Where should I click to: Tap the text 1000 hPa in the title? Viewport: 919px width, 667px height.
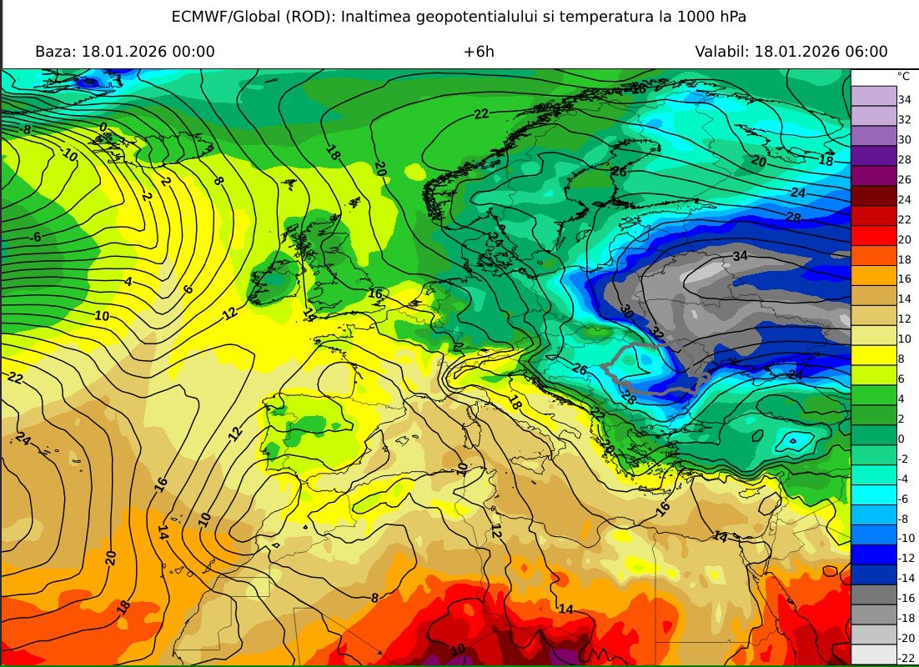(x=711, y=17)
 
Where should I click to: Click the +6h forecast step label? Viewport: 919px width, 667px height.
(x=479, y=52)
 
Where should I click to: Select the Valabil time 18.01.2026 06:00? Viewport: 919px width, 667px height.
(x=821, y=52)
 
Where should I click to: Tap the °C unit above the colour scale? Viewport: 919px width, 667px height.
(x=902, y=76)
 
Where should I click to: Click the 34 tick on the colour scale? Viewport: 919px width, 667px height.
(x=903, y=99)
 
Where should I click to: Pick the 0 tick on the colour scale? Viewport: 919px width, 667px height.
(x=901, y=439)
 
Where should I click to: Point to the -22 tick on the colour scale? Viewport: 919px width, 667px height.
(x=903, y=658)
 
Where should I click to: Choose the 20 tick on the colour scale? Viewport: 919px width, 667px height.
(x=903, y=238)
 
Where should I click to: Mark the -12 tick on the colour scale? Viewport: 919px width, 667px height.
(x=903, y=559)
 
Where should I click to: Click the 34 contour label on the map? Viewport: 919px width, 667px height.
(x=740, y=255)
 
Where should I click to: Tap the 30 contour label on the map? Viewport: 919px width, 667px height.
(x=626, y=311)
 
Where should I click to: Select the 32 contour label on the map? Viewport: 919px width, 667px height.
(x=657, y=333)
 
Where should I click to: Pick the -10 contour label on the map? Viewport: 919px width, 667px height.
(x=68, y=156)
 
